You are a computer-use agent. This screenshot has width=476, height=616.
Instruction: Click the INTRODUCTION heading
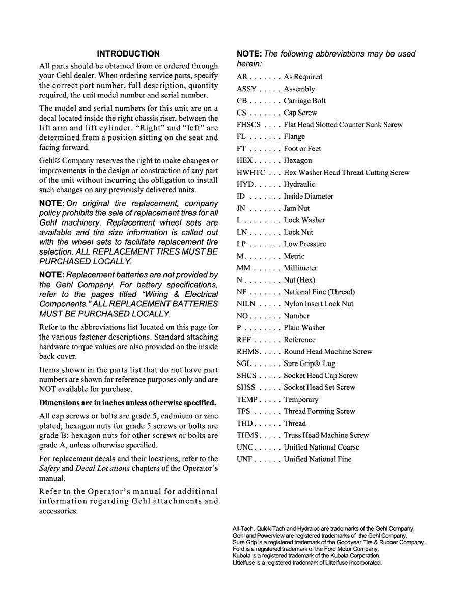(128, 53)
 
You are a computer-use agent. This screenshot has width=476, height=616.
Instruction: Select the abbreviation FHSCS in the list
(249, 125)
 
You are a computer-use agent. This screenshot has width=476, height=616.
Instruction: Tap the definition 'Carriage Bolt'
(304, 101)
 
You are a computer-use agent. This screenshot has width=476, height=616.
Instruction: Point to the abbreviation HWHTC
(250, 173)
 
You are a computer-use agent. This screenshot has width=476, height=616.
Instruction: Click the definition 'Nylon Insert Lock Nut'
(318, 304)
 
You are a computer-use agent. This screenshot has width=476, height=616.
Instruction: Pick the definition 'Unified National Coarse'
(321, 447)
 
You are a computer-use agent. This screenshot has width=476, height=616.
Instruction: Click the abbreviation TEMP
(247, 400)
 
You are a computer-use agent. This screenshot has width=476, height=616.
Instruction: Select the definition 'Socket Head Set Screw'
(319, 387)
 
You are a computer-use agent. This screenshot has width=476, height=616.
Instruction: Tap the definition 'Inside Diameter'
(309, 197)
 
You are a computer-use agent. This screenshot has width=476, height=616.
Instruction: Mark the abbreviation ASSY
(247, 89)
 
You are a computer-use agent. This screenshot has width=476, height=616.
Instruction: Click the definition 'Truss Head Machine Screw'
(326, 435)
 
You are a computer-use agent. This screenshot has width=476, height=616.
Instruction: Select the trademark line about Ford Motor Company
(305, 549)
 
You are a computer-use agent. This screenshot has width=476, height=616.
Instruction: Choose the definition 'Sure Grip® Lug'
(309, 364)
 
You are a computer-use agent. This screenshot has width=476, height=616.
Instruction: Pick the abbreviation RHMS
(248, 352)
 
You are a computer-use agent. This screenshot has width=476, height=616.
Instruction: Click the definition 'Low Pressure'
(304, 244)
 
